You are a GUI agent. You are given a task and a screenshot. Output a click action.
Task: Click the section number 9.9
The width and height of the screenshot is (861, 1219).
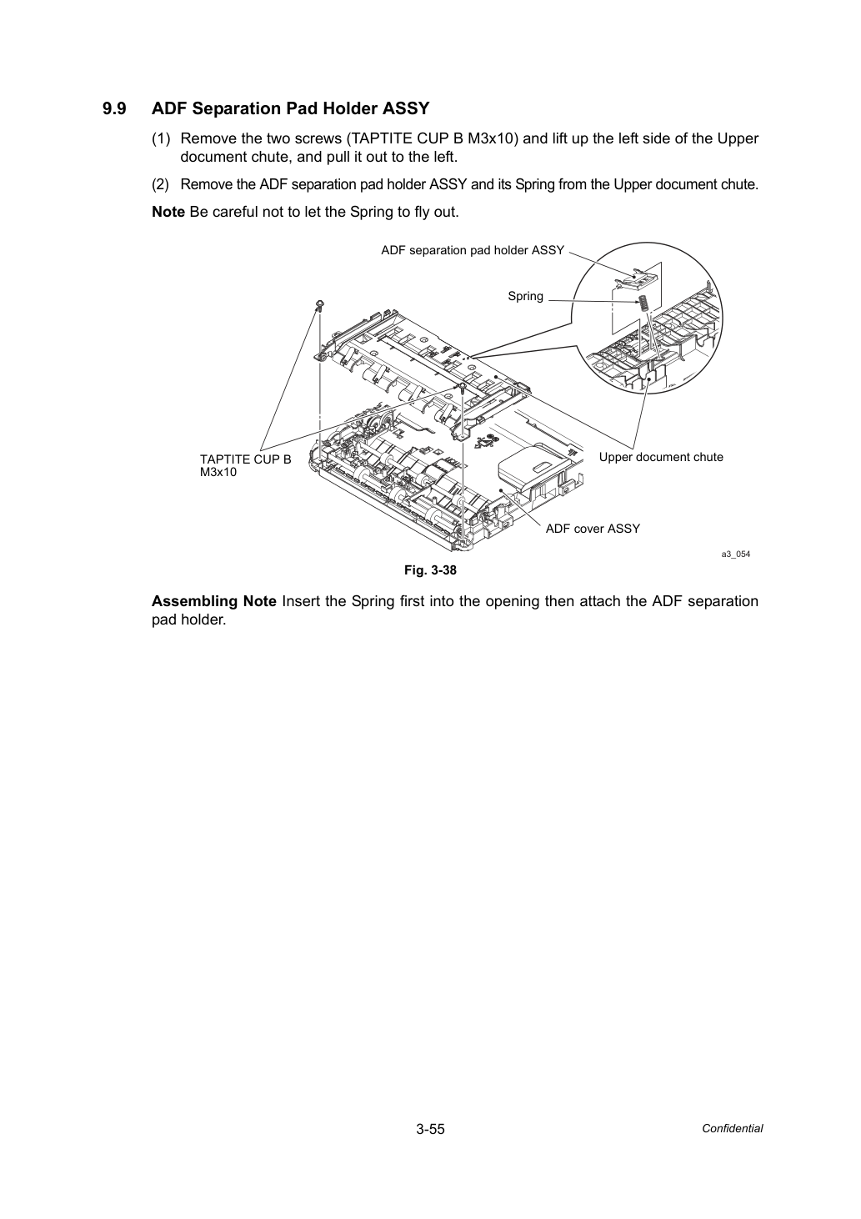tap(114, 108)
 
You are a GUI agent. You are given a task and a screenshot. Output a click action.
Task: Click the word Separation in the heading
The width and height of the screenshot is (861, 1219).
tap(238, 109)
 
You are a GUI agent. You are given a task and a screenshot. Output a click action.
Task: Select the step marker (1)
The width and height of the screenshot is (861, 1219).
tap(161, 138)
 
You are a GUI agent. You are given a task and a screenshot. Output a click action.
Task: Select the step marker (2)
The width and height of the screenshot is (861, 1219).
tap(161, 184)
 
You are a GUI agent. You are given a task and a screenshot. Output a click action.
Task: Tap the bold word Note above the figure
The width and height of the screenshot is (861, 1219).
tap(168, 212)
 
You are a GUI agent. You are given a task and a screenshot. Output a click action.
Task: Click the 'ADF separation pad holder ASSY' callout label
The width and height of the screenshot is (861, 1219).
tap(473, 250)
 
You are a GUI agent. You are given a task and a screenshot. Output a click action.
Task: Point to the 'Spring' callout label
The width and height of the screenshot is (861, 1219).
tap(525, 296)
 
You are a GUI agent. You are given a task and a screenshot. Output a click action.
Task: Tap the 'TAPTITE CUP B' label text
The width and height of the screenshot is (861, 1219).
tap(245, 459)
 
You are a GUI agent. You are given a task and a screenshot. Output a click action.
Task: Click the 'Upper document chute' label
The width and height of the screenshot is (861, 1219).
tap(661, 457)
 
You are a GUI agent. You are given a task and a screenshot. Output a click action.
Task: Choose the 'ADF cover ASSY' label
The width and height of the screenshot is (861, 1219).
tap(593, 529)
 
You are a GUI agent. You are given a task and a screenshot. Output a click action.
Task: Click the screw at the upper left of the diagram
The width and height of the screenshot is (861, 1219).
tap(320, 304)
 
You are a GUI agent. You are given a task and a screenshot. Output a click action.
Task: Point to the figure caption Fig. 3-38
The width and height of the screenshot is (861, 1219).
tap(430, 570)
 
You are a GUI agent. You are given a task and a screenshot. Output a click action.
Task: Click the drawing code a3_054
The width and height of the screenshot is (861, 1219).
tap(735, 554)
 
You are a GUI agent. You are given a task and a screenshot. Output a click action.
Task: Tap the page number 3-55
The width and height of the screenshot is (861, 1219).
tap(430, 1129)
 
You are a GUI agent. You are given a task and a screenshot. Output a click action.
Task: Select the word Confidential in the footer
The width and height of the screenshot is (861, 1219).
tap(732, 1128)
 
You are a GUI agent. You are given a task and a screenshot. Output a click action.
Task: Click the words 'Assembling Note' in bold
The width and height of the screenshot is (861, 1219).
tap(213, 601)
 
